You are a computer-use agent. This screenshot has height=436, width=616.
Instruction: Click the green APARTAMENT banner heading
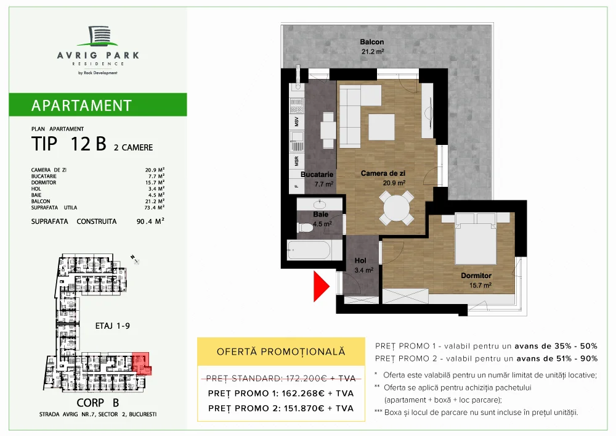pos(81,105)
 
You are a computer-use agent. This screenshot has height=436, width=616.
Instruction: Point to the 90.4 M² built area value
pos(150,221)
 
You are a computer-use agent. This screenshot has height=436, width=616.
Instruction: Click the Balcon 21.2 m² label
pos(372,47)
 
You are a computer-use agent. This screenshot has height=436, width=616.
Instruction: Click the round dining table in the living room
pos(396,208)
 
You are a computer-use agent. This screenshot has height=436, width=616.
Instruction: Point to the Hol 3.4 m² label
pos(364,265)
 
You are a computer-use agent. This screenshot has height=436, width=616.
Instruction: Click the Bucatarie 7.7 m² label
pos(317,179)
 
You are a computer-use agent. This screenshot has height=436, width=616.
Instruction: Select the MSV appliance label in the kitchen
pos(296,137)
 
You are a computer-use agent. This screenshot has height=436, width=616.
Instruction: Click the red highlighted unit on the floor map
pos(141,364)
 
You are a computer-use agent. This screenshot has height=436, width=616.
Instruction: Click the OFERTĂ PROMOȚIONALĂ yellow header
pos(281,352)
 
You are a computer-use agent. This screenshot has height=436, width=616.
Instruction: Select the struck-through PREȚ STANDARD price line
pos(281,377)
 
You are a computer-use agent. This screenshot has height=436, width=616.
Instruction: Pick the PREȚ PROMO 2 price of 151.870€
pos(281,408)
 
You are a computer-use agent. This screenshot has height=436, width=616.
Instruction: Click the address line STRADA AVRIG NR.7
pos(94,414)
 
